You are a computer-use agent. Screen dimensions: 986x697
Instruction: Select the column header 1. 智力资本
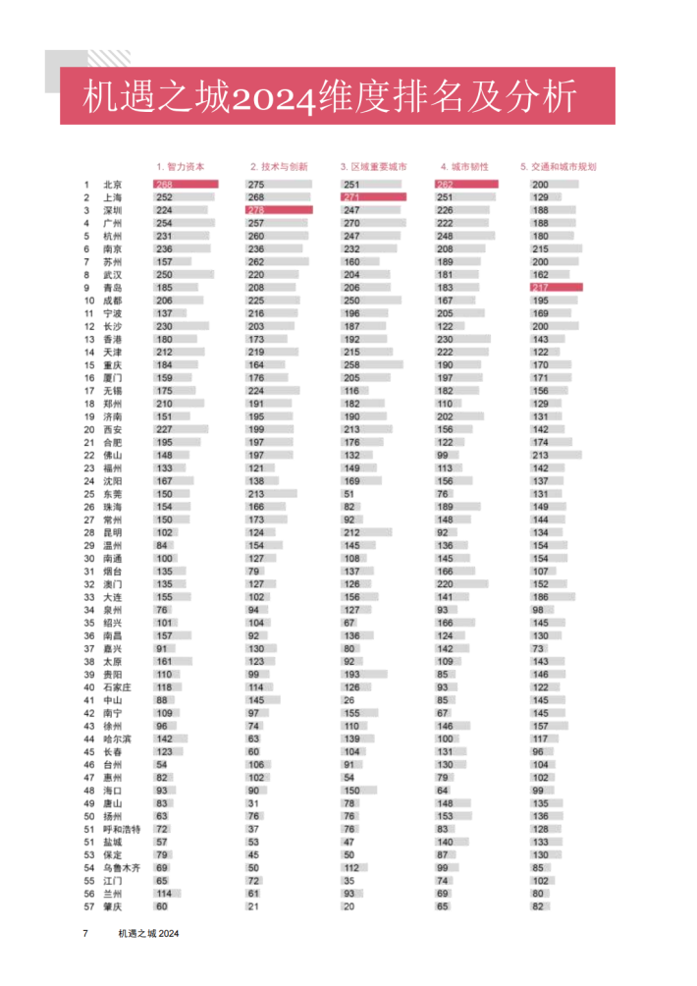[181, 167]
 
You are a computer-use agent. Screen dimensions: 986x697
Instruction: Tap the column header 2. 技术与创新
[278, 167]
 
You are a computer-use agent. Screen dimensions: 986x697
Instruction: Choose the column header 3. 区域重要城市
[373, 167]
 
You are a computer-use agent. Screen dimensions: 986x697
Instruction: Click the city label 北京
[112, 185]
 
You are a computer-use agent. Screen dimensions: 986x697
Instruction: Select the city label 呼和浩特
[121, 829]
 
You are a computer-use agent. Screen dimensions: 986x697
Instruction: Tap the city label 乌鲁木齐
[121, 868]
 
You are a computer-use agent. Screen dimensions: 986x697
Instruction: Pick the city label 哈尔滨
[117, 739]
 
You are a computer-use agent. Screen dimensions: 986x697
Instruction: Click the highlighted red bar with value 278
[280, 210]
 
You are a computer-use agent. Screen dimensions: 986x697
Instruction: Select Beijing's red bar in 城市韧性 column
[466, 185]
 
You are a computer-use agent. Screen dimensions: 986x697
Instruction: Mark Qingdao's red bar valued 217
[557, 288]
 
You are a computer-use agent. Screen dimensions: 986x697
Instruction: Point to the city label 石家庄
[117, 687]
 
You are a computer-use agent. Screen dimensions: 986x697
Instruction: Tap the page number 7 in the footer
[85, 933]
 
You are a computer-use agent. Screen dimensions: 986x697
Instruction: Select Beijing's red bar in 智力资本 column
[186, 185]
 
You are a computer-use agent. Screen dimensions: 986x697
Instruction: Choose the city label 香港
[112, 339]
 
